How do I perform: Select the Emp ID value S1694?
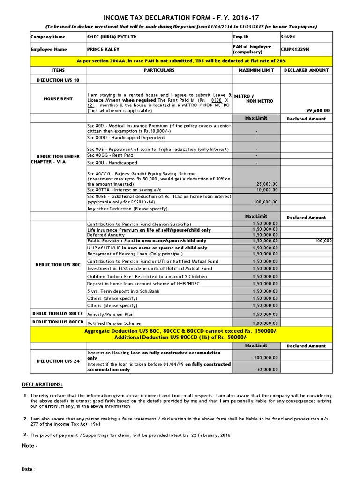[x=288, y=37]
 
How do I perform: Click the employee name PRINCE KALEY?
[x=103, y=49]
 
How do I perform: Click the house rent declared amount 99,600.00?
[x=318, y=111]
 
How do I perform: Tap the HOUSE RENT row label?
[x=58, y=99]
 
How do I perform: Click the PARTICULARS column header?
[x=159, y=70]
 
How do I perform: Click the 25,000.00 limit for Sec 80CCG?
[x=267, y=184]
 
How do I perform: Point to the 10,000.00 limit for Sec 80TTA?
[x=267, y=190]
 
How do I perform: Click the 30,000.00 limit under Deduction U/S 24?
[x=268, y=369]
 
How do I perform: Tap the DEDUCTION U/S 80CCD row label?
[x=58, y=322]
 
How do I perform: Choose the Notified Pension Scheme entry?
[x=114, y=323]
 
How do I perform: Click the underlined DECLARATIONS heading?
[x=42, y=385]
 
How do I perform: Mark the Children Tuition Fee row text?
[x=141, y=276]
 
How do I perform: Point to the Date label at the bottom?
[x=29, y=469]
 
